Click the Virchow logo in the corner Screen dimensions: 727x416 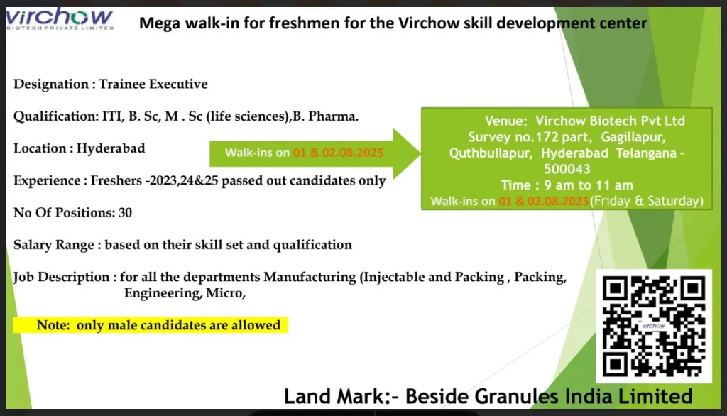60,18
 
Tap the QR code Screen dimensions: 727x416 654,326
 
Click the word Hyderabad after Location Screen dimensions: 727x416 111,148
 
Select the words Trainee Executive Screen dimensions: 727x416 153,84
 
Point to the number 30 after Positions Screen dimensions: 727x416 125,212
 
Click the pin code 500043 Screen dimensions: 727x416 567,169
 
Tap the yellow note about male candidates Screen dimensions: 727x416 151,325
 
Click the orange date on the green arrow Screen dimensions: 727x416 338,153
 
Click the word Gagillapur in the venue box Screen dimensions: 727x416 633,137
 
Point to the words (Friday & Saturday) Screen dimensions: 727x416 647,202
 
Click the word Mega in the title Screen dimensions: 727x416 160,23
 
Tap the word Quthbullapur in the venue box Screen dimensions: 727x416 491,153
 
